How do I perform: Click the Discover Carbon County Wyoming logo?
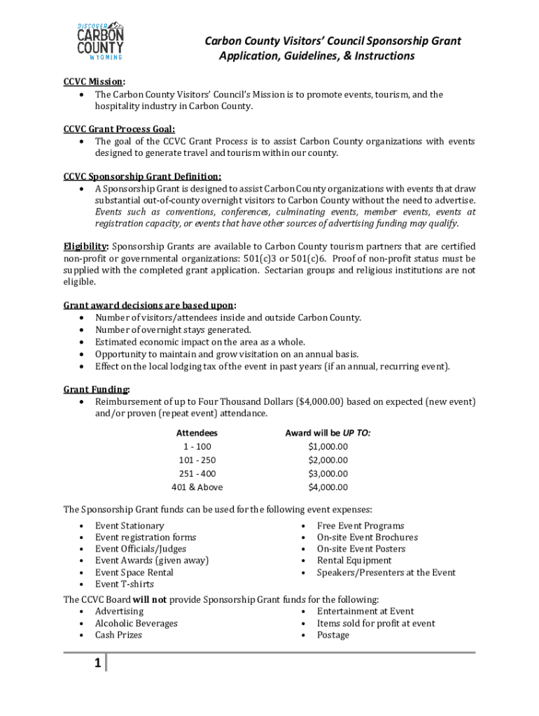[x=100, y=40]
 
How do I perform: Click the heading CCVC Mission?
[x=94, y=81]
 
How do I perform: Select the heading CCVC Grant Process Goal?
[x=119, y=129]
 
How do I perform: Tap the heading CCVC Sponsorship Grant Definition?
[x=142, y=176]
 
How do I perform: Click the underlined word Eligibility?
[x=85, y=246]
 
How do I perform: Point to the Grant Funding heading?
[x=96, y=389]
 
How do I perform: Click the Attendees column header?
[x=197, y=434]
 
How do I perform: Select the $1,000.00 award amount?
[x=328, y=447]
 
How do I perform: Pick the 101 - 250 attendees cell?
[x=197, y=460]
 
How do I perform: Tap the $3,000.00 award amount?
[x=328, y=474]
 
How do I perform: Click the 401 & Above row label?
[x=197, y=487]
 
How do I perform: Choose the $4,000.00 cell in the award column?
[x=328, y=487]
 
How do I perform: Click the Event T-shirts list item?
[x=125, y=584]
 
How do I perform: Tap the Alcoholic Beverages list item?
[x=136, y=623]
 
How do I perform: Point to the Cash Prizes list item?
[x=119, y=635]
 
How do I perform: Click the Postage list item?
[x=333, y=635]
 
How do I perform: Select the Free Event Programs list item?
[x=360, y=526]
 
